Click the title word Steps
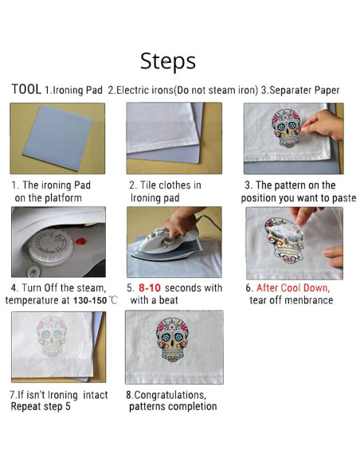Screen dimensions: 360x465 coord(168,61)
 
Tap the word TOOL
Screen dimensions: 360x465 coord(26,89)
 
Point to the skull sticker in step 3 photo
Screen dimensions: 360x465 coord(287,128)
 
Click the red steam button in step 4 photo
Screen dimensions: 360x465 coord(80,241)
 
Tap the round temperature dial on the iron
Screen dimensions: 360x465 coord(50,246)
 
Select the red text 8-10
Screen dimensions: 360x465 coord(150,287)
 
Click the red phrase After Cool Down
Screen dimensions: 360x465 coord(293,287)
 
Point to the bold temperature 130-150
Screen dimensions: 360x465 coord(90,300)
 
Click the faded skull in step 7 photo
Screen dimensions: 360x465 coord(52,336)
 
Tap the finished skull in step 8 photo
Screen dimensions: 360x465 coord(172,339)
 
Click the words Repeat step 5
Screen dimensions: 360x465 coord(41,406)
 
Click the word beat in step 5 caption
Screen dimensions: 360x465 coord(168,300)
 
